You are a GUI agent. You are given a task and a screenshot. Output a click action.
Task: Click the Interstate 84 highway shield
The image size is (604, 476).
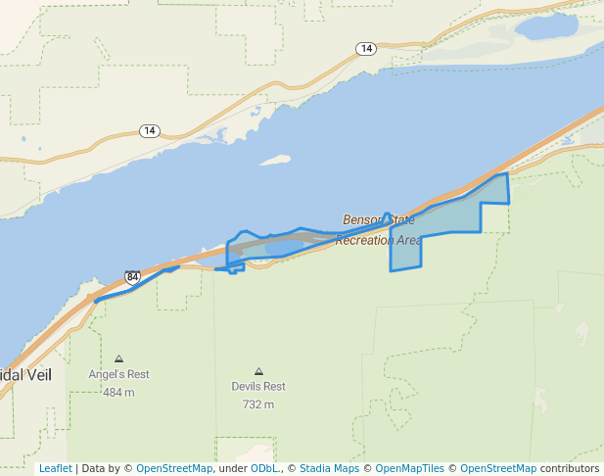point(133,278)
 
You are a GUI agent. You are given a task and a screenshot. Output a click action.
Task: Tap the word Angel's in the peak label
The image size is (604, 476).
point(106,374)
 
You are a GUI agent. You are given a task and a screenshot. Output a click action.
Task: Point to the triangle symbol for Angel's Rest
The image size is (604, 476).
point(119,359)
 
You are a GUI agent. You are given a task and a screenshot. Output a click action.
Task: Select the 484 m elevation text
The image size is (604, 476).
point(118,393)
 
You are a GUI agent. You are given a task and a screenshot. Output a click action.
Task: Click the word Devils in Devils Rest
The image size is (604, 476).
point(246,386)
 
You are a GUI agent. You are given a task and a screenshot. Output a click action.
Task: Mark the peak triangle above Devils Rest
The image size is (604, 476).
point(258,371)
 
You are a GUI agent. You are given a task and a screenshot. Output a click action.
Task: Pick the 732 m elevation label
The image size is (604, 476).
point(258,405)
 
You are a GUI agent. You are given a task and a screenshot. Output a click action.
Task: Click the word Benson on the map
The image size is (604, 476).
point(360,220)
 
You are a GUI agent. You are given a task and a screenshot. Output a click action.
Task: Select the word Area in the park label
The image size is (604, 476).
point(410,240)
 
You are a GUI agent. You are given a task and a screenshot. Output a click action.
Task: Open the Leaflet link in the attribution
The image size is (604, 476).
point(55,468)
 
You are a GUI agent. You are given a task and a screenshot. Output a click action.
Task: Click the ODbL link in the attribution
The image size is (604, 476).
point(264,468)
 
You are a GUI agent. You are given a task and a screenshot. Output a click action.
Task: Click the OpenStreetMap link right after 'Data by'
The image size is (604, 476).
point(174,468)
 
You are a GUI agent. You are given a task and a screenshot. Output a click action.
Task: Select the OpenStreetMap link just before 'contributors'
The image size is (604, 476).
point(497,468)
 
